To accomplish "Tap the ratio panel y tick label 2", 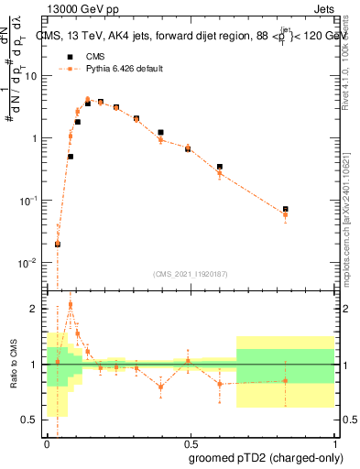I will (x=37, y=309).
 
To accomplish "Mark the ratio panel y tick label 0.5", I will (x=33, y=420).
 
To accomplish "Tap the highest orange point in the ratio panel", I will (x=71, y=304).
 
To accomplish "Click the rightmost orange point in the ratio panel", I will (x=286, y=380).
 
